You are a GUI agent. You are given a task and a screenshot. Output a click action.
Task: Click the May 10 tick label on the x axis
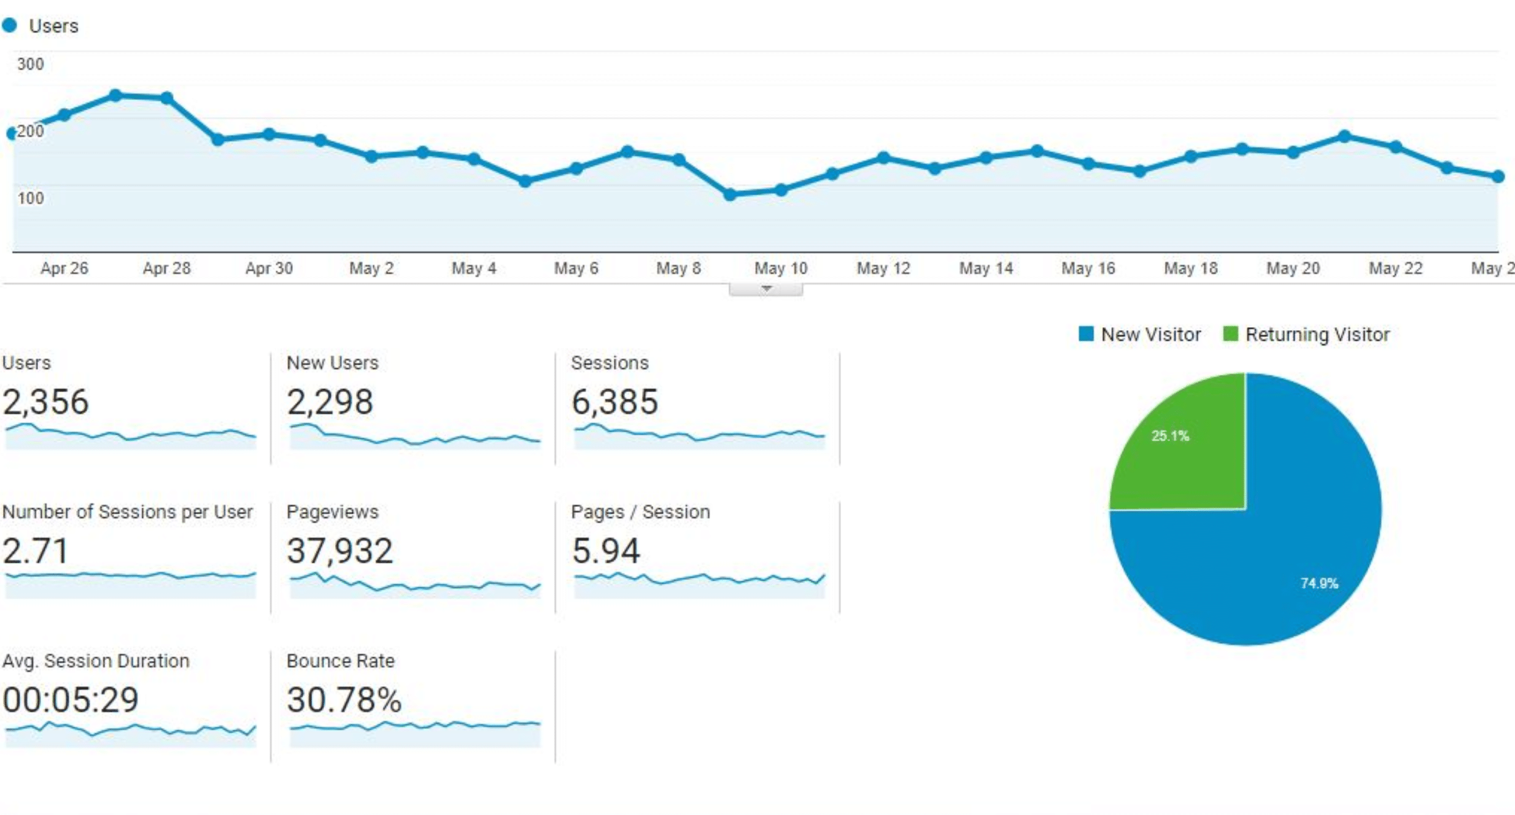(780, 268)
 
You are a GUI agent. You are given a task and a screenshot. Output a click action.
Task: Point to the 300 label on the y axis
(30, 64)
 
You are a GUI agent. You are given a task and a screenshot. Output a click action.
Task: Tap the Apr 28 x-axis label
(166, 268)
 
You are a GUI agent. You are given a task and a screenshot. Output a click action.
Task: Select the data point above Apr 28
(166, 98)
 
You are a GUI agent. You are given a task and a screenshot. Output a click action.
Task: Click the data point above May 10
(781, 190)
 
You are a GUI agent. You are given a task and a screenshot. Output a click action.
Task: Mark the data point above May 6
(576, 168)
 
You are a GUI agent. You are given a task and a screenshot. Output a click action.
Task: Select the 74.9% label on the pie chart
(1319, 583)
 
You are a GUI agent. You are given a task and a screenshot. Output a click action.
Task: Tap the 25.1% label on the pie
(1170, 436)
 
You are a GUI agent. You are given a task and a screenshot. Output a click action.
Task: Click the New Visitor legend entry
(1140, 334)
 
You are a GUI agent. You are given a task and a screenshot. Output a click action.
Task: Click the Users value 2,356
(46, 402)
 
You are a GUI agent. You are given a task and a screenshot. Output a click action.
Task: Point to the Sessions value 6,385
(614, 402)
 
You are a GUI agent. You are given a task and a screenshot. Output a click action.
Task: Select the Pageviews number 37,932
(339, 550)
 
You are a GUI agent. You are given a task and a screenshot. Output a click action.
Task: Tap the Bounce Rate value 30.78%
(344, 700)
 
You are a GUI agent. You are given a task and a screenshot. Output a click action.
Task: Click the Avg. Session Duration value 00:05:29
(71, 700)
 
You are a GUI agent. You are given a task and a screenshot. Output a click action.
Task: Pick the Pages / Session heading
(640, 512)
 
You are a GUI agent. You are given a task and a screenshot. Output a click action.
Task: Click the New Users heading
(332, 363)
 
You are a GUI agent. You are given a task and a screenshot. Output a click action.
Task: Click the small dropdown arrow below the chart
(765, 288)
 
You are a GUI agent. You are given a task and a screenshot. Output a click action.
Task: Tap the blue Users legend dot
(9, 25)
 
